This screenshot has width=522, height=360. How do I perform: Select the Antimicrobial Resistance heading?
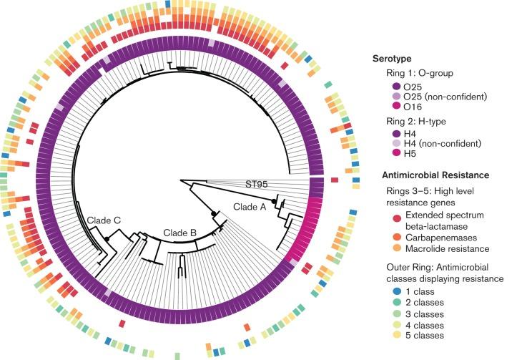(425, 175)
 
